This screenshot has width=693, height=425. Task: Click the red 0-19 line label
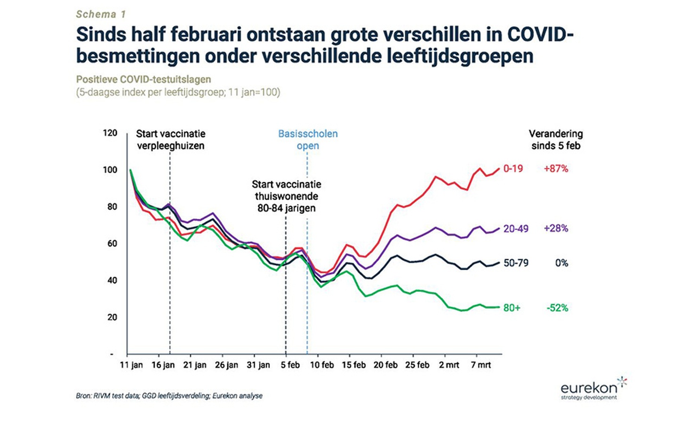click(513, 169)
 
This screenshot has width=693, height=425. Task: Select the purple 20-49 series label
click(516, 229)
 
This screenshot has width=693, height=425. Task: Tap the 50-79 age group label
click(516, 263)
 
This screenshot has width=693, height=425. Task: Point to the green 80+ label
click(512, 308)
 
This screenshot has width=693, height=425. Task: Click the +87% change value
click(556, 169)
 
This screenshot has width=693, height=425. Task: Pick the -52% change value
click(557, 308)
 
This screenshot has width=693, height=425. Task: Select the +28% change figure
click(556, 229)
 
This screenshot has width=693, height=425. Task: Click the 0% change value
click(561, 263)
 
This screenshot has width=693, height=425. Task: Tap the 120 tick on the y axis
click(110, 133)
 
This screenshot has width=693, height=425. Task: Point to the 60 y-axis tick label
click(112, 244)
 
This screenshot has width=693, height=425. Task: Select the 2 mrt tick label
click(448, 365)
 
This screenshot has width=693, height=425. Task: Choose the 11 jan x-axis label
click(131, 365)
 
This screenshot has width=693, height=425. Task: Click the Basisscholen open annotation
click(308, 140)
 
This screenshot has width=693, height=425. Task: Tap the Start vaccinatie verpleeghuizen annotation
click(171, 140)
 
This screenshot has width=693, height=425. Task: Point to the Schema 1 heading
click(101, 14)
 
